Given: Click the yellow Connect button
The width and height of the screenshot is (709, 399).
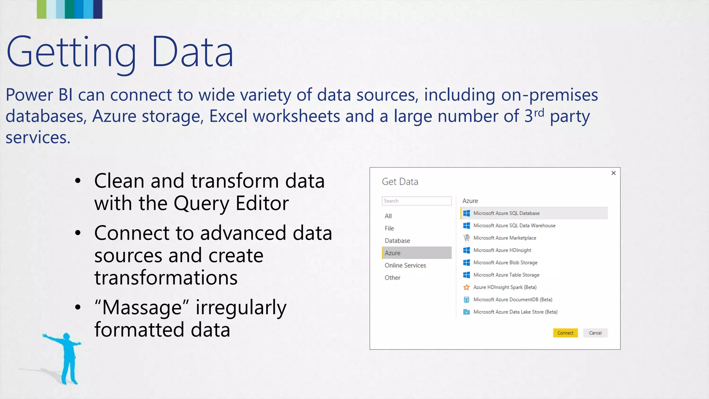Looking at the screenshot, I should point(565,333).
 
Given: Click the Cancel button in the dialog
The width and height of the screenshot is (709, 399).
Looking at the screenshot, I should point(595,333).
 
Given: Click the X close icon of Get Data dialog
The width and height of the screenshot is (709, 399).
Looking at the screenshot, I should point(613,173).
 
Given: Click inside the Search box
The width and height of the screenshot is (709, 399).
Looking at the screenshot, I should point(416,201).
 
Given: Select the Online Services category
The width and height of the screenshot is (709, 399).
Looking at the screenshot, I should point(405,265).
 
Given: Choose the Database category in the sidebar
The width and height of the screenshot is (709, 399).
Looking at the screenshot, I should point(397,241).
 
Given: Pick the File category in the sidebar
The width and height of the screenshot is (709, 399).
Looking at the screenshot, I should point(389,228).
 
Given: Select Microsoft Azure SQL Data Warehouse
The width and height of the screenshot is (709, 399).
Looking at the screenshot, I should point(514,225).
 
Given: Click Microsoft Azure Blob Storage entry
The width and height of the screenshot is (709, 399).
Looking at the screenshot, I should point(505,263).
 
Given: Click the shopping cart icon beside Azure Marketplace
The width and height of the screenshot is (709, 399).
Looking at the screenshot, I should point(466,238).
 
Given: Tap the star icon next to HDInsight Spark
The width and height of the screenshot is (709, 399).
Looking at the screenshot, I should point(466,287).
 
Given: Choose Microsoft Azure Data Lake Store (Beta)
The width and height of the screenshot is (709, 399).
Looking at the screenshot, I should point(515,312).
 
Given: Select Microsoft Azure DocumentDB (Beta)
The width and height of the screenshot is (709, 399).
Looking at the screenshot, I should point(512,300).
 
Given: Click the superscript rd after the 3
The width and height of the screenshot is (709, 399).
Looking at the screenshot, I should point(539,113).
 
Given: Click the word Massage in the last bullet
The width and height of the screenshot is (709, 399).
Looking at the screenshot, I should point(142,308).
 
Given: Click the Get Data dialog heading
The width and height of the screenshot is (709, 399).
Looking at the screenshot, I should point(400,182).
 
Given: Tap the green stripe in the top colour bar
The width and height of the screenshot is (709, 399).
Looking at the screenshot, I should point(42,9).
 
